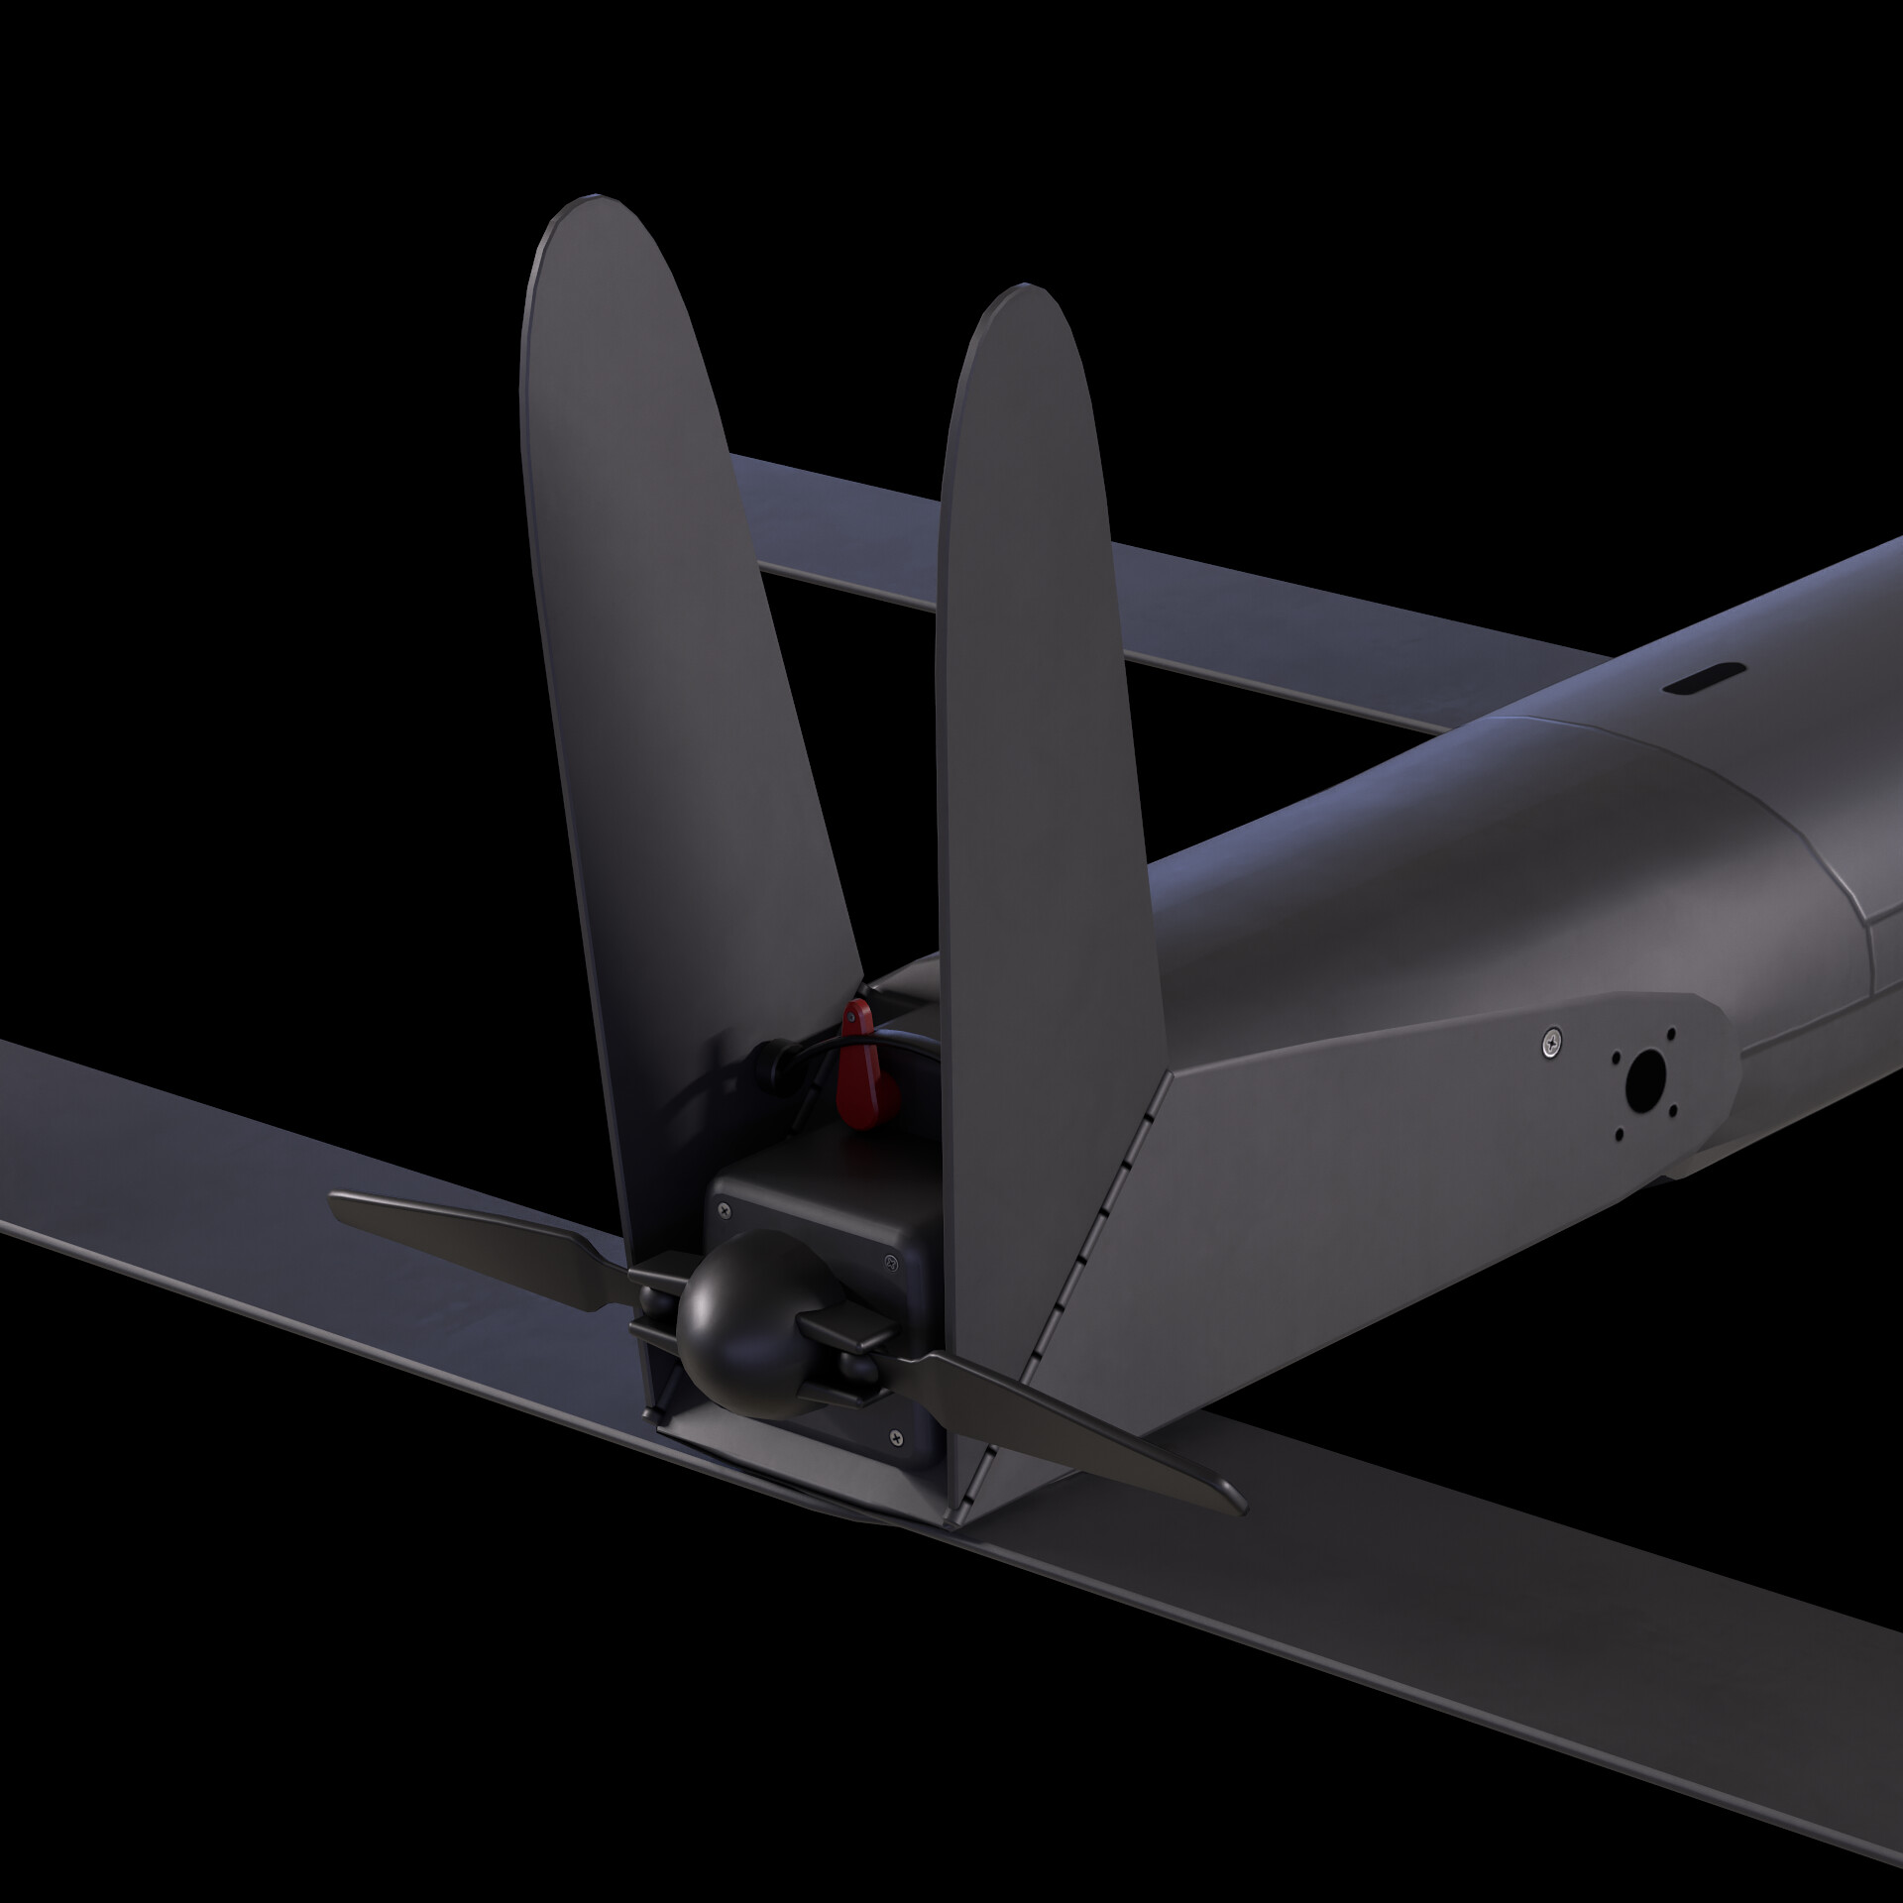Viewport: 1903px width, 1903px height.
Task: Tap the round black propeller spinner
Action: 730,1313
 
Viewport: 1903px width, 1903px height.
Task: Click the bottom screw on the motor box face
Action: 897,1436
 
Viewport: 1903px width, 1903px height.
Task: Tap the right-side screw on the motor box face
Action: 889,1261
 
